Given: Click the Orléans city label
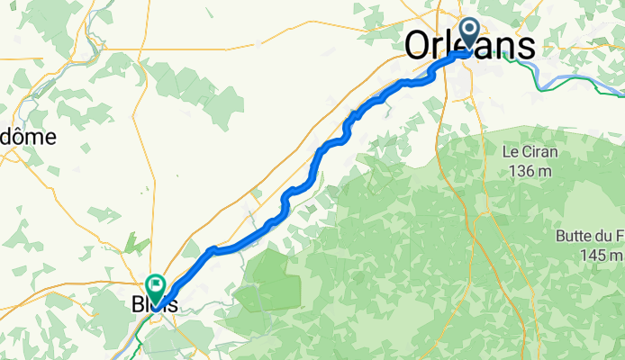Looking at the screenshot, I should pos(470,46).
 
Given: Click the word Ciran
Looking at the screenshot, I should pos(539,151).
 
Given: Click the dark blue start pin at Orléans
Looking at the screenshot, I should pos(470,32).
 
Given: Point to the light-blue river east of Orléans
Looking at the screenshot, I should pos(576,76).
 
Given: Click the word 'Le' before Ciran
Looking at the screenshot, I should pos(511,151).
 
